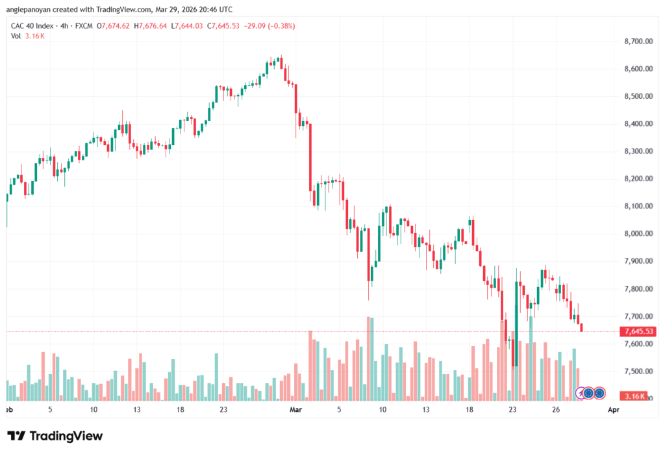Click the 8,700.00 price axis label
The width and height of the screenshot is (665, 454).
pyautogui.click(x=638, y=41)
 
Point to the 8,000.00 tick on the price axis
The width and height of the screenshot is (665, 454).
pyautogui.click(x=638, y=233)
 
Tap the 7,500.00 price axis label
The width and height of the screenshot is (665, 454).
pyautogui.click(x=638, y=372)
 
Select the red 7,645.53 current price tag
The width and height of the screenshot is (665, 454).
pyautogui.click(x=638, y=331)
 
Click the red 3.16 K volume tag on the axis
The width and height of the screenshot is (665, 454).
pyautogui.click(x=634, y=396)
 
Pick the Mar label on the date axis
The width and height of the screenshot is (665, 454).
pyautogui.click(x=295, y=409)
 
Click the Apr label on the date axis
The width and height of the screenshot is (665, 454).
pyautogui.click(x=613, y=409)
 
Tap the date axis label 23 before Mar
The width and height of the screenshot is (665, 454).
pyautogui.click(x=223, y=409)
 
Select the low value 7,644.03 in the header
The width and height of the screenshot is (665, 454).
pyautogui.click(x=189, y=26)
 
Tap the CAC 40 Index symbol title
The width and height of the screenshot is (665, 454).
pyautogui.click(x=32, y=26)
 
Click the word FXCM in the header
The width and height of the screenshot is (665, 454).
pyautogui.click(x=84, y=26)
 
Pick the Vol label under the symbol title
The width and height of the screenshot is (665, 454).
pyautogui.click(x=16, y=36)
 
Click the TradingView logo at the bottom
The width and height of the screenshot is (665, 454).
pyautogui.click(x=55, y=436)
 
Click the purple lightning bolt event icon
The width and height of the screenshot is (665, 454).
pyautogui.click(x=580, y=394)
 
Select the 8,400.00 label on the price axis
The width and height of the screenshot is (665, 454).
pyautogui.click(x=638, y=123)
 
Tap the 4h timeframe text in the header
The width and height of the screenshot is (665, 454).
pyautogui.click(x=64, y=26)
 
